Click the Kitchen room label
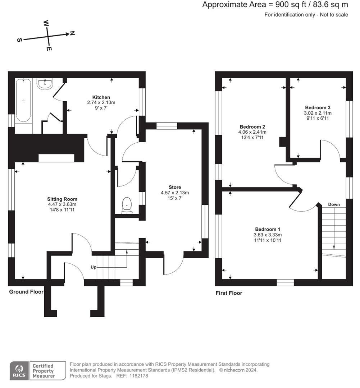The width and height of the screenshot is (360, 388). click(101, 97)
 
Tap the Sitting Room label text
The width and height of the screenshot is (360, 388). click(62, 199)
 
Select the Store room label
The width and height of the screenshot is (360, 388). click(175, 187)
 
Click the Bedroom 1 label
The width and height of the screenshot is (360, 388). click(268, 229)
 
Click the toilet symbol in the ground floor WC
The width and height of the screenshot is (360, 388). click(127, 205)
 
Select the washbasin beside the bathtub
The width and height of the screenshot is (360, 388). click(45, 84)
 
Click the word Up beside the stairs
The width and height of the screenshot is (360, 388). click(93, 267)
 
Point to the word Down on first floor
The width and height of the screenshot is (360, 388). click(334, 204)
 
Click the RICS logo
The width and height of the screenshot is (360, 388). click(19, 370)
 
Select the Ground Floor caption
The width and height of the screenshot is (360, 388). click(26, 292)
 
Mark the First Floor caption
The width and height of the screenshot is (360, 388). click(229, 293)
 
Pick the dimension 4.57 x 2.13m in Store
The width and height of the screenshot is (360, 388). click(175, 193)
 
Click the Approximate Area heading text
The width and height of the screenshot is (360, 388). click(275, 5)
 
